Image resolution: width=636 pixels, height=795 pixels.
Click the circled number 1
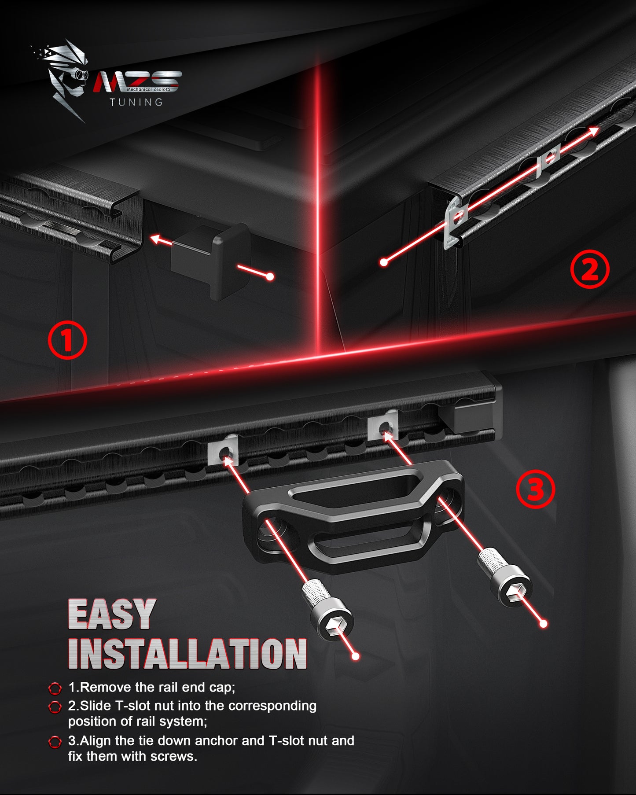[67, 340]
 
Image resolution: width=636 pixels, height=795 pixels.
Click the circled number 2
[590, 269]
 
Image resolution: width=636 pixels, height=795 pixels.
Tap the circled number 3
[535, 489]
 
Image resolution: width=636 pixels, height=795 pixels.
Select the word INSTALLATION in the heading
[187, 654]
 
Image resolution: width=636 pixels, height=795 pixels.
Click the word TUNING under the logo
[136, 102]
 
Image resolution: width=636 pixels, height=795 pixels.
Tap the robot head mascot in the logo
[66, 79]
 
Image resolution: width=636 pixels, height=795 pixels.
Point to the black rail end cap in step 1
[210, 260]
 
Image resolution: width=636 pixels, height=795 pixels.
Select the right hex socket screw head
[511, 588]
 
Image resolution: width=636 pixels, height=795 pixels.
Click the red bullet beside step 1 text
[55, 688]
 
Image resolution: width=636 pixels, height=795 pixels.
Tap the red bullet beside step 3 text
[55, 742]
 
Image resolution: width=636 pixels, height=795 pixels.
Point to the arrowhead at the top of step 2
[594, 131]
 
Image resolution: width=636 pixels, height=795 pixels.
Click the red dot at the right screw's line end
[544, 623]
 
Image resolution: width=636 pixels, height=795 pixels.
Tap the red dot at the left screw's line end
[356, 656]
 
